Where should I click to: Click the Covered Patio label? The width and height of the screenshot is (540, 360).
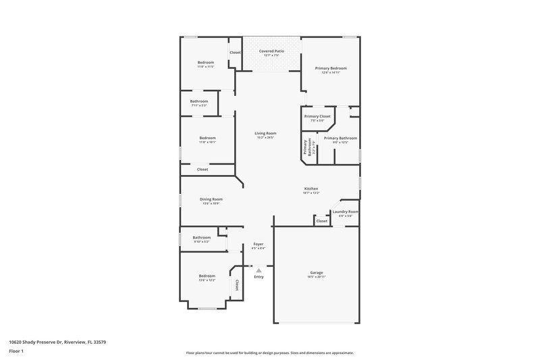click(x=271, y=51)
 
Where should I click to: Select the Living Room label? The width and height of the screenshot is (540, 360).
click(x=265, y=133)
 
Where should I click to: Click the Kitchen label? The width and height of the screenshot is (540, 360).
click(x=311, y=188)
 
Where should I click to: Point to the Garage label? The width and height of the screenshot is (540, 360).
click(x=316, y=272)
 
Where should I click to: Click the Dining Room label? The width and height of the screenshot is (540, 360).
click(x=211, y=199)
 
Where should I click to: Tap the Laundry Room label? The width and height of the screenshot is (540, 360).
click(x=346, y=211)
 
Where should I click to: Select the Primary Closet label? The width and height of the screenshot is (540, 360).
click(x=317, y=116)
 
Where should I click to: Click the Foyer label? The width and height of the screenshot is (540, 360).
click(x=259, y=244)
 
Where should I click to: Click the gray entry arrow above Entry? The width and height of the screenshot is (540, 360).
click(x=259, y=269)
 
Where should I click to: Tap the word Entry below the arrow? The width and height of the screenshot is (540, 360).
click(x=259, y=276)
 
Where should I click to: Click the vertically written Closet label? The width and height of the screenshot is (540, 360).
click(x=237, y=285)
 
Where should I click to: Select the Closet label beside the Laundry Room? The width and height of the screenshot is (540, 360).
click(x=322, y=221)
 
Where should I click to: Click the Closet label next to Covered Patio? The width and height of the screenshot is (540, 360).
click(x=235, y=52)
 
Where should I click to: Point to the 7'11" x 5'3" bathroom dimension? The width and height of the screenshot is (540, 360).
click(x=198, y=105)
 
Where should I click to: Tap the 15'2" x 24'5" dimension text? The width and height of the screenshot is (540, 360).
click(x=265, y=138)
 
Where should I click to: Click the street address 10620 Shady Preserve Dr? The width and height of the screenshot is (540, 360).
click(x=57, y=342)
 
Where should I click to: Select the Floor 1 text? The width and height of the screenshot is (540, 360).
click(x=16, y=352)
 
